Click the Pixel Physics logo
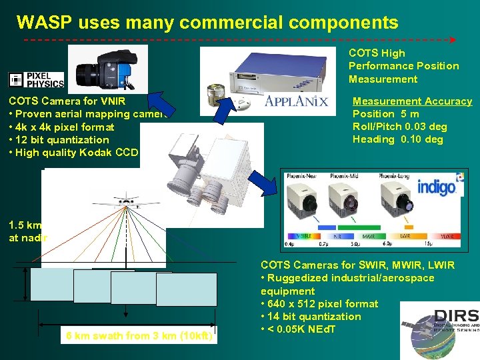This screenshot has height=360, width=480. pos(36,80)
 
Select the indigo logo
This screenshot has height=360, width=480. pos(437,186)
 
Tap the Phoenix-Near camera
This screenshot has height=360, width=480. pos(307,203)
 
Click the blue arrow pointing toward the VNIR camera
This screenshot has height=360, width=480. pos(159,104)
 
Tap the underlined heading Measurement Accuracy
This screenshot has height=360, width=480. pos(412,101)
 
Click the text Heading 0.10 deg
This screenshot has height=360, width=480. pos(397,139)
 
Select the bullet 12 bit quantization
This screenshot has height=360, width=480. pos(59,140)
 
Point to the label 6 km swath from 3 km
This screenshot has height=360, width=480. pos(139,336)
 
